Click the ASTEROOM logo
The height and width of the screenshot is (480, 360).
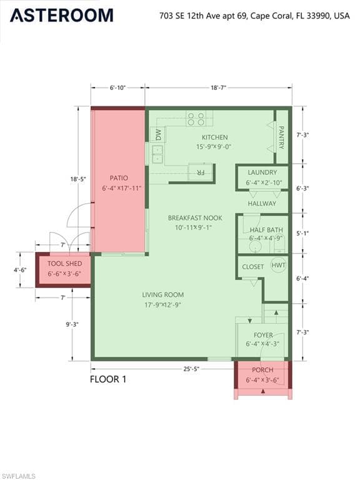coord(62,15)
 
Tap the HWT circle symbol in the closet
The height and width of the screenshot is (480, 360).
coord(278,265)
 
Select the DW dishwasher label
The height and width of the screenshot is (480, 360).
coord(158,135)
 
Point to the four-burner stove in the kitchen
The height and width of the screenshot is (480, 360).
coord(196,119)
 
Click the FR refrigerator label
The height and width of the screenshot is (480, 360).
coord(201,173)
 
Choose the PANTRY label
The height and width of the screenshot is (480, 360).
coord(281,137)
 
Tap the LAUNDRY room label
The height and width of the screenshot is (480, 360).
coord(262,172)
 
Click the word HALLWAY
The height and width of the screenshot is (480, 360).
coord(262,204)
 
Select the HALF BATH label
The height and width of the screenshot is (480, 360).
coord(266,230)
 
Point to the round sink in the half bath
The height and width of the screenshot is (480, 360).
coord(254,247)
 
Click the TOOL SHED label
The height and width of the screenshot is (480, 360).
coord(64,264)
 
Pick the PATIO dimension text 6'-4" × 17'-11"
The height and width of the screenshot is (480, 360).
coord(121,188)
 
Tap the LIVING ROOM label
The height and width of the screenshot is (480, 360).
coord(163,295)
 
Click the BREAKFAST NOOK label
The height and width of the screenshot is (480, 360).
coord(195,218)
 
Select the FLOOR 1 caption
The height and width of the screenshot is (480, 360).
coord(108,379)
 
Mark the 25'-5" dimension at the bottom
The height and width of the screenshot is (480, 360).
coord(191,369)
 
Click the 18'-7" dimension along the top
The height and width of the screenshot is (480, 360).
coord(218,88)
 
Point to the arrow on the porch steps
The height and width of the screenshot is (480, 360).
coord(263,391)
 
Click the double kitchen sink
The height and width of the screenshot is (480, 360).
coord(157,154)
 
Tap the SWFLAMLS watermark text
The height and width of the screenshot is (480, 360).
coord(17,476)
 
